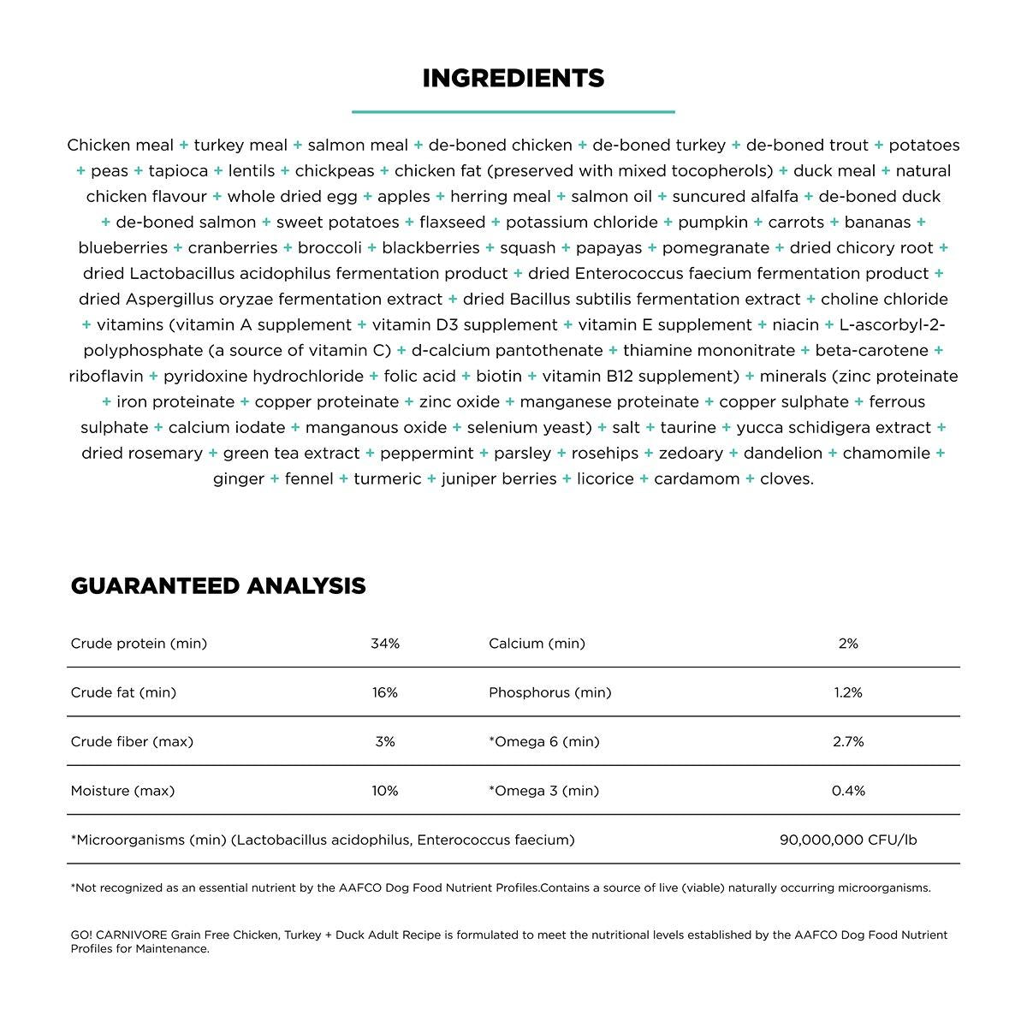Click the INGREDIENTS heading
tap(513, 79)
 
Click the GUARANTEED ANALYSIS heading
tap(218, 586)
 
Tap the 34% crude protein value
tap(385, 644)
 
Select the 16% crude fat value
tap(385, 692)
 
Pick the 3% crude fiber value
tap(385, 742)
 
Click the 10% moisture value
tap(385, 791)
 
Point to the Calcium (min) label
tap(537, 644)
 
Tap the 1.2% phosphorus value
tap(848, 692)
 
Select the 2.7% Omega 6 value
tap(848, 742)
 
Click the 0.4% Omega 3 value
tap(848, 791)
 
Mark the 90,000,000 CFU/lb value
tap(848, 840)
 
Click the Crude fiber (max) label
tap(132, 742)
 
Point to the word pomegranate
tap(715, 248)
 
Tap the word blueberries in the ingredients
tap(123, 248)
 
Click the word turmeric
tap(388, 479)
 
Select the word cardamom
tap(697, 479)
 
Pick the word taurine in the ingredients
tap(688, 428)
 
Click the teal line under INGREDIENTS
tap(513, 111)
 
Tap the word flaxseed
tap(452, 223)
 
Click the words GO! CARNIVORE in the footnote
tap(118, 935)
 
